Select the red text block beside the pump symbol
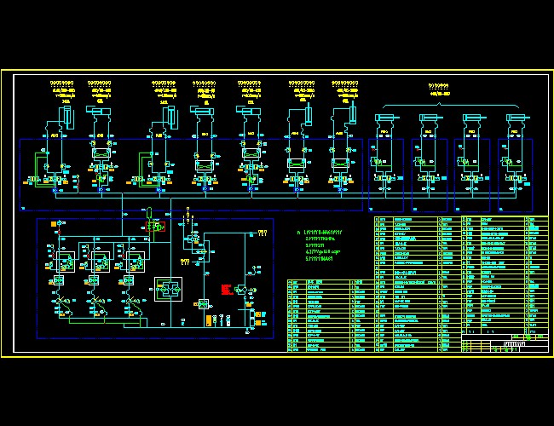(x=227, y=289)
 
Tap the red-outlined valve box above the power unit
(x=155, y=226)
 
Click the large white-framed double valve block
(x=168, y=290)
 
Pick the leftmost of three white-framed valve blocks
(x=60, y=253)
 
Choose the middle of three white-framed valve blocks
(x=91, y=253)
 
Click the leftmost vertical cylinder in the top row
(x=66, y=114)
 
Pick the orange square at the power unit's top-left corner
(x=54, y=224)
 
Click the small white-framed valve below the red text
(x=203, y=304)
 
